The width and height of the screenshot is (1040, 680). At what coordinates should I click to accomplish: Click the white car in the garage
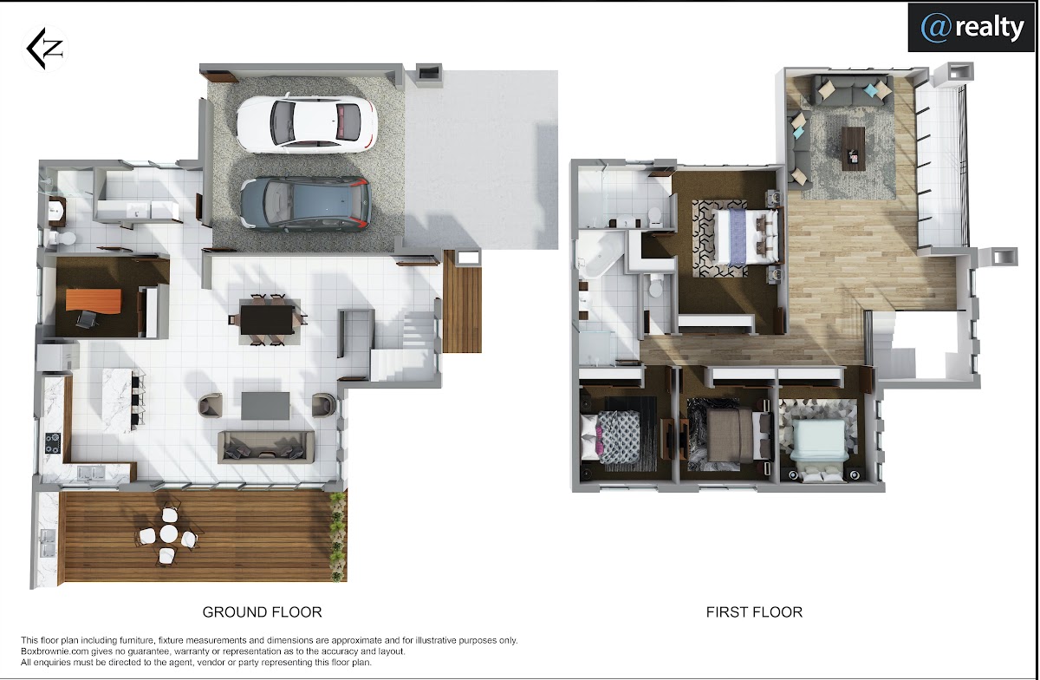[307, 124]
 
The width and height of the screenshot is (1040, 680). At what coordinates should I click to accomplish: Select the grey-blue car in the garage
[305, 204]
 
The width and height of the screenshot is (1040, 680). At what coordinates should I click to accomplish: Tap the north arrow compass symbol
[44, 49]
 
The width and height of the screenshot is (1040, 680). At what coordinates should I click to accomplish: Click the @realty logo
[972, 28]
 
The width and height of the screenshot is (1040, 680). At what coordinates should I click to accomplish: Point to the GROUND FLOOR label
[262, 612]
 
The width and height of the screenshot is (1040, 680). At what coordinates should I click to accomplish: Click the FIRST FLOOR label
[754, 612]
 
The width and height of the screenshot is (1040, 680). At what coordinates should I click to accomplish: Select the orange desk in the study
[94, 299]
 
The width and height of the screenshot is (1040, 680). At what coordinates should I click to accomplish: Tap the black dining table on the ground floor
[268, 319]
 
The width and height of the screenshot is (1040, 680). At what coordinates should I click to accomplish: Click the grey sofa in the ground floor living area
[266, 447]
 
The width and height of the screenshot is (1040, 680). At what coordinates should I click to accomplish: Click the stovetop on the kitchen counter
[53, 443]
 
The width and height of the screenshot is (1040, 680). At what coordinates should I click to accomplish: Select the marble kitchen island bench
[117, 401]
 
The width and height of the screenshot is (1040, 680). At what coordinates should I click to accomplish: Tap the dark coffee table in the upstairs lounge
[853, 148]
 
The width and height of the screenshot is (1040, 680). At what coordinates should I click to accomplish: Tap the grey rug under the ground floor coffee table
[265, 405]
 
